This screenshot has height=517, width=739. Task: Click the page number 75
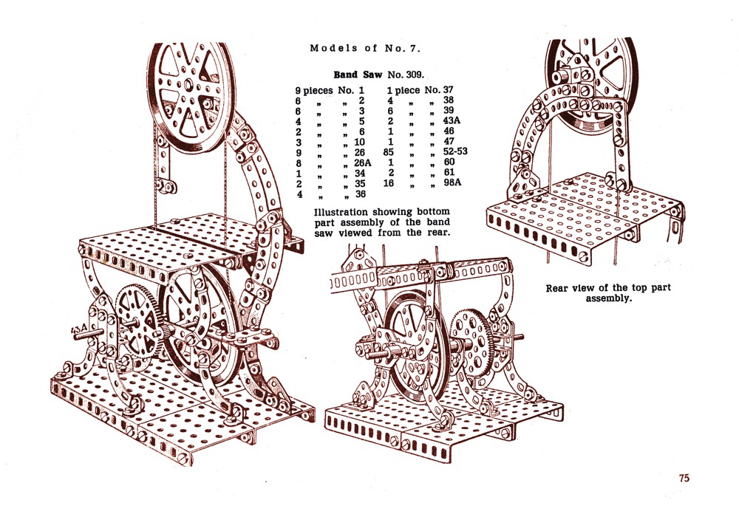pyautogui.click(x=684, y=478)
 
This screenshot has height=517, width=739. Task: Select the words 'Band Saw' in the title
pyautogui.click(x=358, y=75)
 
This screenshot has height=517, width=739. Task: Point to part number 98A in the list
pyautogui.click(x=451, y=182)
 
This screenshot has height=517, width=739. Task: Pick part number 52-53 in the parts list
pyautogui.click(x=454, y=151)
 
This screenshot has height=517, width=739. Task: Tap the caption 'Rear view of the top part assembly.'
pyautogui.click(x=607, y=293)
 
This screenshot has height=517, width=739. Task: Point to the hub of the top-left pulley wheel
pyautogui.click(x=191, y=95)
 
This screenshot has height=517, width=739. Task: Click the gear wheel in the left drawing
pyautogui.click(x=137, y=320)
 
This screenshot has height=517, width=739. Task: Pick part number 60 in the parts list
pyautogui.click(x=448, y=162)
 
